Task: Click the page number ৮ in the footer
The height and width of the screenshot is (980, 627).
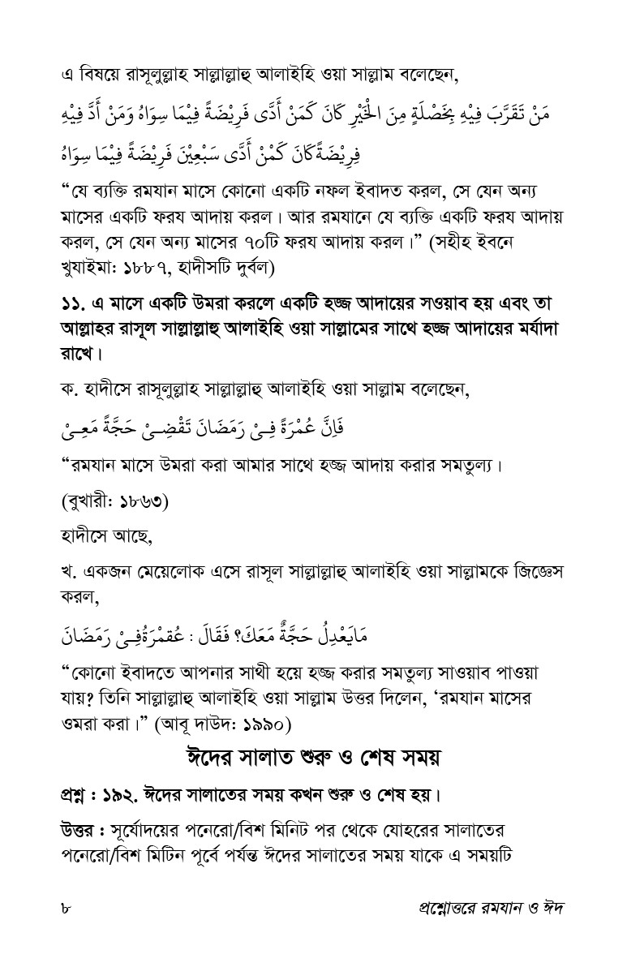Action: click(66, 907)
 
